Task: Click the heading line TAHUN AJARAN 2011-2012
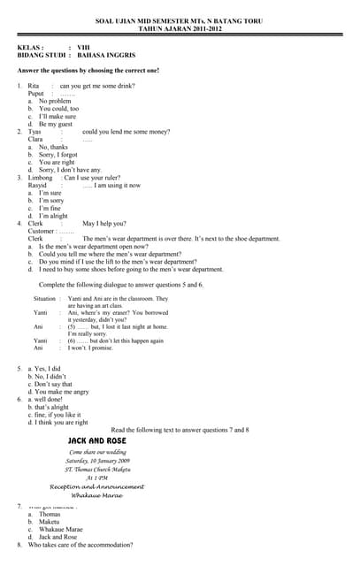(183, 29)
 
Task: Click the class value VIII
(84, 47)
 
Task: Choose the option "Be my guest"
(56, 124)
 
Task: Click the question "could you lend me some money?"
(126, 132)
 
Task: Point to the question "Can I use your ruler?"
(92, 178)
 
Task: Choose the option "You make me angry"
(58, 392)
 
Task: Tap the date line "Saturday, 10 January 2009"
(97, 461)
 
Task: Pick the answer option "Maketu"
(50, 522)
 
